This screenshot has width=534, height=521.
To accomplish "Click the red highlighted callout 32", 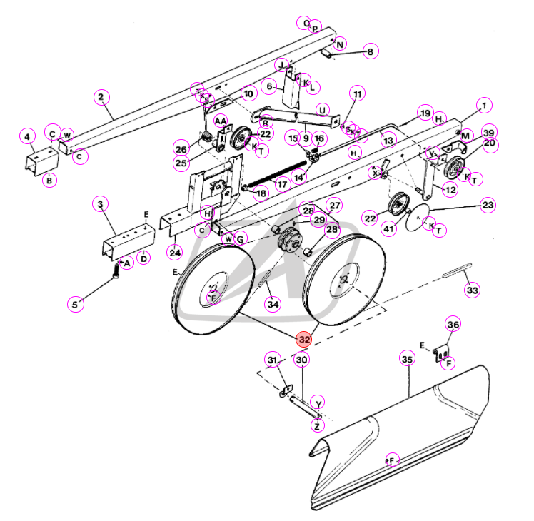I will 305,340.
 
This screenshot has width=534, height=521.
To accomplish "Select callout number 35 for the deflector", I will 407,360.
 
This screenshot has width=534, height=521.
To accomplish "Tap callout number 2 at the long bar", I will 101,96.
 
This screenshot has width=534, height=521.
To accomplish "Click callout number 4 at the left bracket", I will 27,136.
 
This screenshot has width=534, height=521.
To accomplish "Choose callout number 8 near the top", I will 370,51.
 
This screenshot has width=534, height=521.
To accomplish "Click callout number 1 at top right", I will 485,106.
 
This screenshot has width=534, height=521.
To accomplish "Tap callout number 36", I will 453,325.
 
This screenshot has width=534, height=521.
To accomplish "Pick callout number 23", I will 488,206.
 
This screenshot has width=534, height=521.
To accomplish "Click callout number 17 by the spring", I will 283,183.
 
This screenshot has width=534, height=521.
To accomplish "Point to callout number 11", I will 357,94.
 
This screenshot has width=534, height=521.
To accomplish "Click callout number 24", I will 175,251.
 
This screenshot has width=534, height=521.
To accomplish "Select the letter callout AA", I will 221,122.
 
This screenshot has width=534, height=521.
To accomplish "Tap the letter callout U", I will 322,111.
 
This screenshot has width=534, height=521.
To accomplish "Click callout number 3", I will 101,205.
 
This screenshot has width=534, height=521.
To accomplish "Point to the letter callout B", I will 49,181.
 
